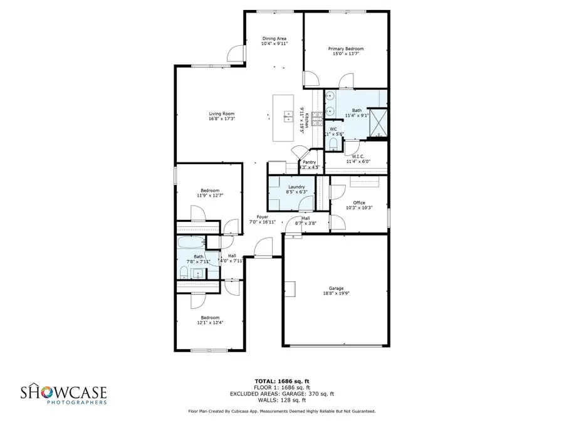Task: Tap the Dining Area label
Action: (274, 39)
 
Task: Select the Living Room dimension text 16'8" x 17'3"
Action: (221, 118)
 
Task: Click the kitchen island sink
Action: (288, 116)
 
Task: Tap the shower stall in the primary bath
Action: (379, 122)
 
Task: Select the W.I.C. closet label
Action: (358, 156)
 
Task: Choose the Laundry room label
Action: (296, 187)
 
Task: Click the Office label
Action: (359, 202)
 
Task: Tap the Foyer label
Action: (263, 217)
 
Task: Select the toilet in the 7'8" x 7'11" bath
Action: (184, 271)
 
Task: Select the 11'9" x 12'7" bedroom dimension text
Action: (210, 196)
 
